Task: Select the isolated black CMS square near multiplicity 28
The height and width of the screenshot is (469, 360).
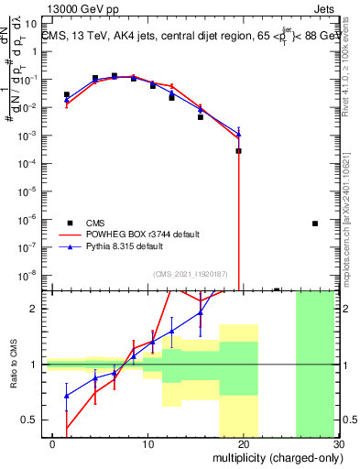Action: pos(315,223)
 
